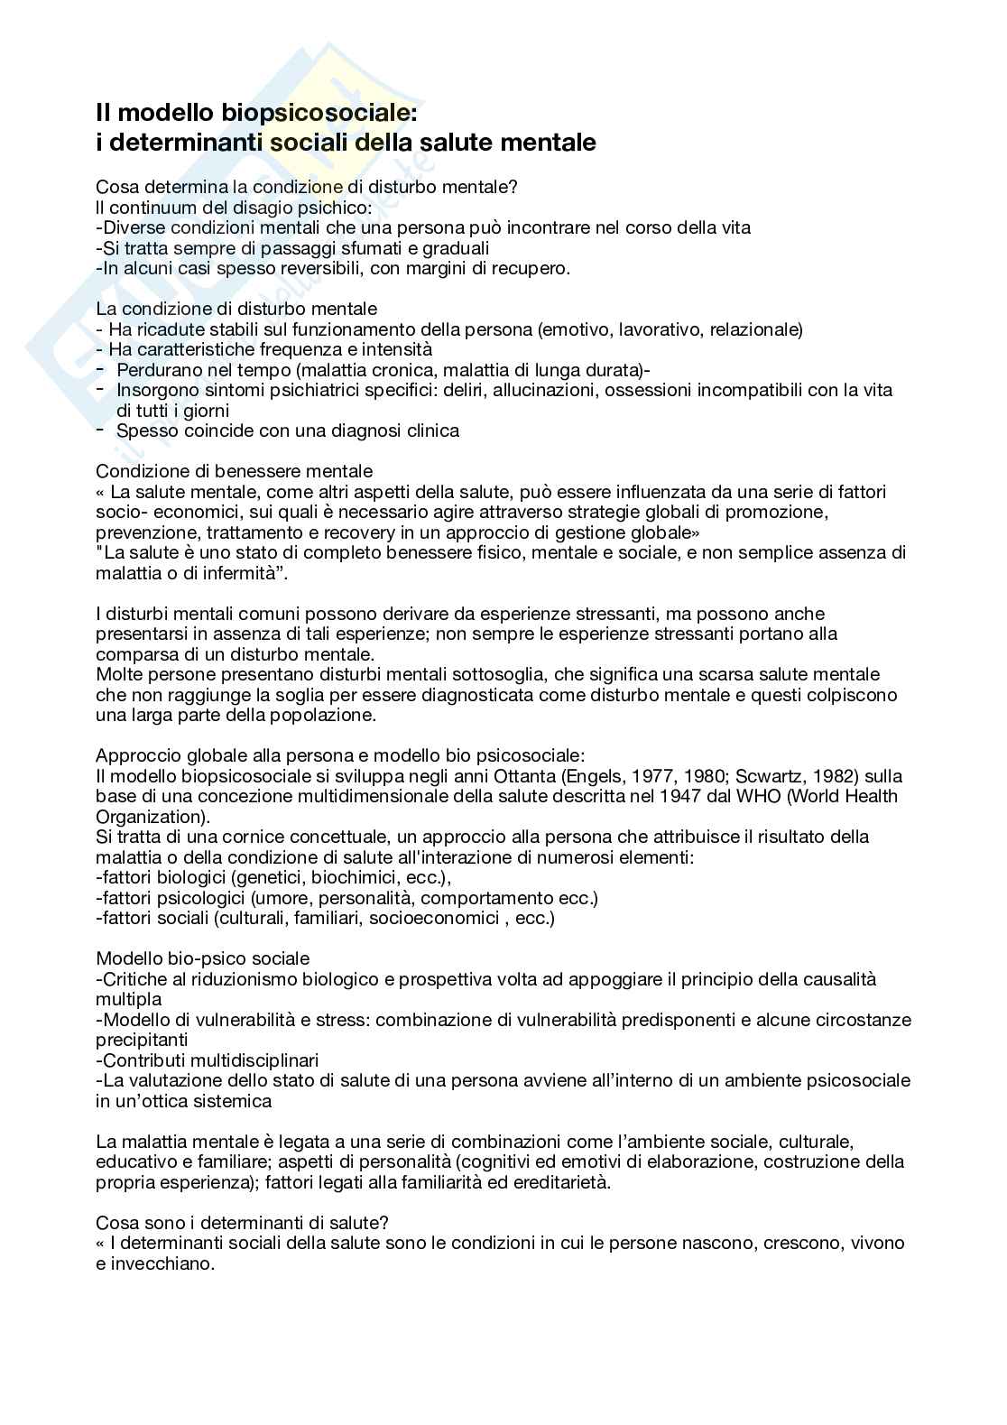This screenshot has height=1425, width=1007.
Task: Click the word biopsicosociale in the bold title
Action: tap(319, 114)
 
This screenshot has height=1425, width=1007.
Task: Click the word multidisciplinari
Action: tap(249, 1060)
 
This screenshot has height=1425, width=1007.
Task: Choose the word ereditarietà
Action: tap(559, 1182)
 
